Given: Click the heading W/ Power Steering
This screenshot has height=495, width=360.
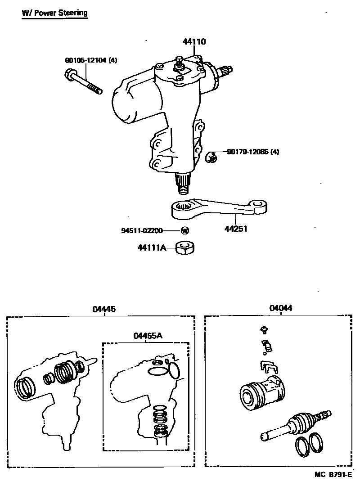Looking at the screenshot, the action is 54,13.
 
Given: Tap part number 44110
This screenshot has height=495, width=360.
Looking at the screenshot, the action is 194,42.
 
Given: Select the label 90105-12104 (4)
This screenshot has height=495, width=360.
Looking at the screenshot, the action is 91,60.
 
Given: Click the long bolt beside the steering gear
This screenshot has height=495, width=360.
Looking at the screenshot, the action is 83,82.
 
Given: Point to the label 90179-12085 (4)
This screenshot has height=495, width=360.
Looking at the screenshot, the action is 253,152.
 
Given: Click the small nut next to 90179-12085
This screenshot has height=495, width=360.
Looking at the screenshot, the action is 211,157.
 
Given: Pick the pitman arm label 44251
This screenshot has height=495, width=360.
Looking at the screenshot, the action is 236,229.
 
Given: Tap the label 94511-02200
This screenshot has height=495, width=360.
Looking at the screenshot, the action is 142,230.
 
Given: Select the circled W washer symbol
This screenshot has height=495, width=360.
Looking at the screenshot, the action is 185,230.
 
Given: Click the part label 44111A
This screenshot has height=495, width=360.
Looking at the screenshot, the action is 152,248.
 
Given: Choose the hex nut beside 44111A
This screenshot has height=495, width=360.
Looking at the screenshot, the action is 185,248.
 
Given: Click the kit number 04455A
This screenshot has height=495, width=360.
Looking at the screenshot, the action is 148,336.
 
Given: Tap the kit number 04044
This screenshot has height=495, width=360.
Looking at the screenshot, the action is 280,308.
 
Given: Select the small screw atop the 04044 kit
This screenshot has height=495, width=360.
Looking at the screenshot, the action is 264,330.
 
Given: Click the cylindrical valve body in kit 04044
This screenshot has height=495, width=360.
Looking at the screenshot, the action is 262,392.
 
